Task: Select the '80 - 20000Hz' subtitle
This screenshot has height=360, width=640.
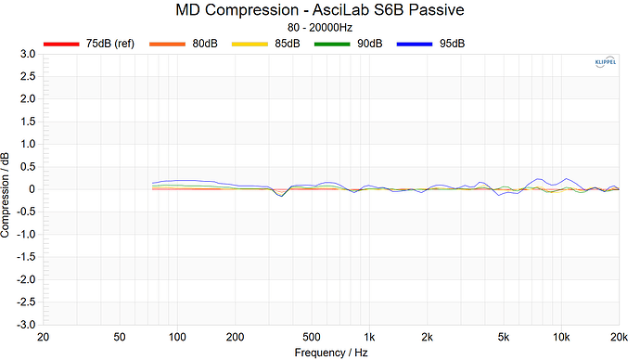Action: [319, 28]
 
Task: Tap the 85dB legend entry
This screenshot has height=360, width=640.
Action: [287, 44]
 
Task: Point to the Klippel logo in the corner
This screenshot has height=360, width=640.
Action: [603, 63]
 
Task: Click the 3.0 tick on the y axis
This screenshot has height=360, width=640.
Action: [27, 55]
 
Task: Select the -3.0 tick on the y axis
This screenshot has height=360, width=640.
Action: [25, 325]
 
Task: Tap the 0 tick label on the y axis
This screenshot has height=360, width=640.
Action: [32, 189]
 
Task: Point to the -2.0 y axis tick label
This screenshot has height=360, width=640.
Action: [25, 279]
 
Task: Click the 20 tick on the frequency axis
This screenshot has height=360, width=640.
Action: [43, 337]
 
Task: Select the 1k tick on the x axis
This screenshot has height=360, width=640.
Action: [369, 337]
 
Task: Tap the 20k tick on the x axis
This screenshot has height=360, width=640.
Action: [619, 337]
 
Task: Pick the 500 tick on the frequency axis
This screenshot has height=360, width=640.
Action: [312, 337]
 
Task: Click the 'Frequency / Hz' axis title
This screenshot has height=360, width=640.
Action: [331, 353]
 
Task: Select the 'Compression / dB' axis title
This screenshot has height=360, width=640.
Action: [7, 190]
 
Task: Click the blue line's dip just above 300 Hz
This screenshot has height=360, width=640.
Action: [283, 197]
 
